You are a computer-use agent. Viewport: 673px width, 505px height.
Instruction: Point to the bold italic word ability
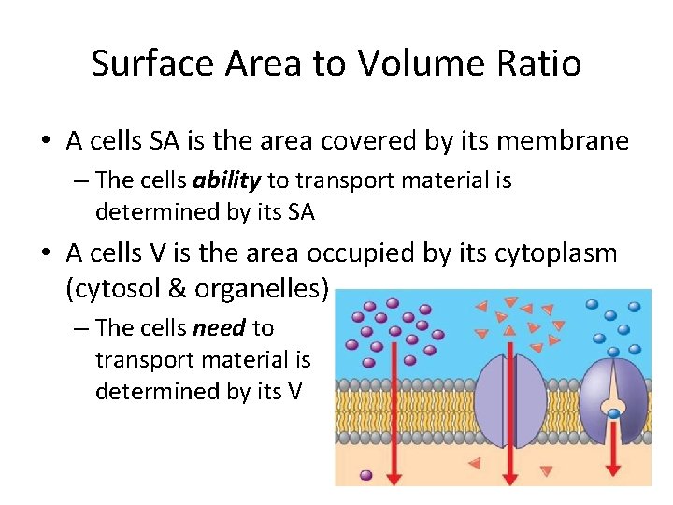pyautogui.click(x=231, y=180)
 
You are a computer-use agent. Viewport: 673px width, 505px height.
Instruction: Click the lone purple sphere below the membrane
pyautogui.click(x=365, y=475)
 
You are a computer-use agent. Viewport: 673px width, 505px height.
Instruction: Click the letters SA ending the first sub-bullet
pyautogui.click(x=300, y=211)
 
